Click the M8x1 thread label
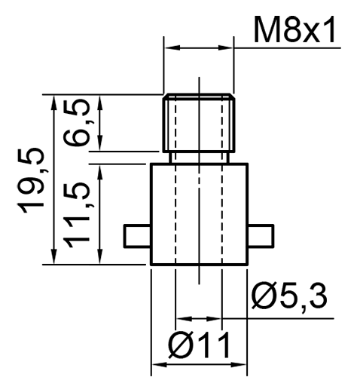(294, 29)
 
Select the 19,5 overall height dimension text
(31, 180)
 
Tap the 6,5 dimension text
(77, 123)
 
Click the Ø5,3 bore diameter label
(289, 297)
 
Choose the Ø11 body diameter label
(199, 345)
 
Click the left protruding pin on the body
(137, 236)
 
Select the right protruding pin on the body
(261, 236)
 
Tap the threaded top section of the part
(199, 123)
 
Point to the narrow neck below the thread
(199, 158)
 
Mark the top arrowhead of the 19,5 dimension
(53, 102)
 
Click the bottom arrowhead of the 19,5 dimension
(53, 257)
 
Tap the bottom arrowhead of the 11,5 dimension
(100, 257)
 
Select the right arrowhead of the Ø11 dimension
(239, 364)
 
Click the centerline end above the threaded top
(199, 77)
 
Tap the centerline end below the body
(199, 284)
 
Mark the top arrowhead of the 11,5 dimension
(100, 172)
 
